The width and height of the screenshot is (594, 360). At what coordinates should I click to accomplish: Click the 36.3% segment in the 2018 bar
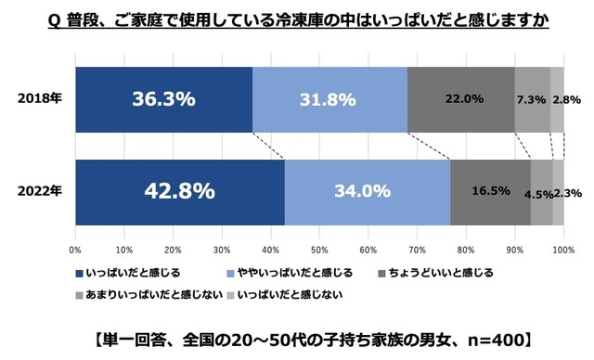pos(163,99)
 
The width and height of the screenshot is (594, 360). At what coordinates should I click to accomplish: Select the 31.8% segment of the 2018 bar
pos(329,99)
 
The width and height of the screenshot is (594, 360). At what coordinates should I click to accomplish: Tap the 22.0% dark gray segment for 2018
pos(460,99)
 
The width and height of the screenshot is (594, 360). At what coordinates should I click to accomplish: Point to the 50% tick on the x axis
pos(319,250)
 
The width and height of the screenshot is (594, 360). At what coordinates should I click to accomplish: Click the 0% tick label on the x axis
pos(75,250)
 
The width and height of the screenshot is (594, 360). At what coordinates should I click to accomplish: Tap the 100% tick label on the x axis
pos(562,250)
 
